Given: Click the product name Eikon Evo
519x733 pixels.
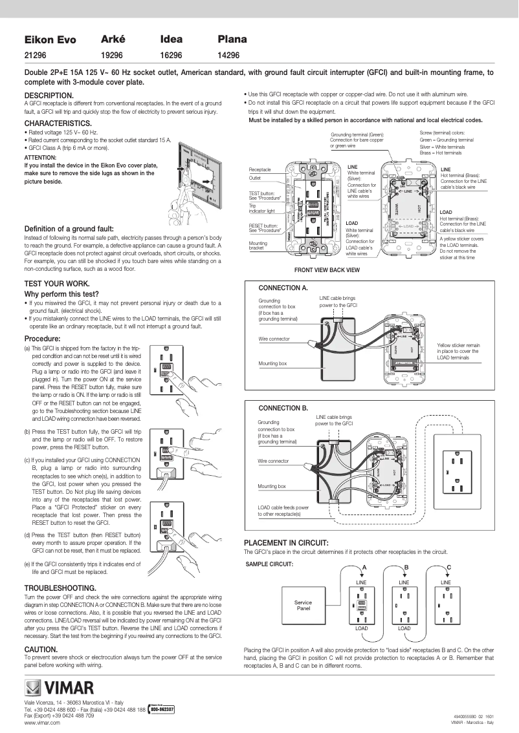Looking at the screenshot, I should (x=50, y=40).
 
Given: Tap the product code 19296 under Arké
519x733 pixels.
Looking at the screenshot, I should (x=112, y=56).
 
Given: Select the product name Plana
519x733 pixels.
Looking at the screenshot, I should (x=232, y=39).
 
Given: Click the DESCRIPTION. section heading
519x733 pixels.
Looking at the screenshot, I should (x=49, y=95).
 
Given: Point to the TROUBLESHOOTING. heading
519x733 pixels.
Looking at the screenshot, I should (x=60, y=588).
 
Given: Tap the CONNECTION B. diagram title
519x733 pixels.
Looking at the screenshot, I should (x=283, y=409).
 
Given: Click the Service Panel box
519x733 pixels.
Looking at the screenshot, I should (x=304, y=605).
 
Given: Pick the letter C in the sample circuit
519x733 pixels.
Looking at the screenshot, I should (x=448, y=567).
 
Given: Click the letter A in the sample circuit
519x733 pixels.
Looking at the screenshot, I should (x=364, y=567).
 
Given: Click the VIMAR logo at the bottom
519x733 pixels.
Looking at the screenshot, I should (x=60, y=687).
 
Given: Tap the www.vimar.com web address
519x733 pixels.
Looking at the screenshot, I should (x=42, y=723).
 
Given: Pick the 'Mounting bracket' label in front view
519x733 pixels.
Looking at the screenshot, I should (x=258, y=246).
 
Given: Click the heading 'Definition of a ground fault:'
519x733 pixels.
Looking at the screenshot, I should (x=69, y=229).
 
